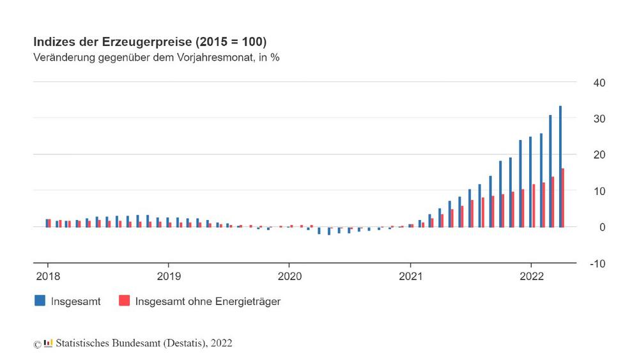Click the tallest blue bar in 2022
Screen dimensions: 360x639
pos(560,166)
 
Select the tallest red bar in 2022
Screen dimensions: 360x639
pos(563,198)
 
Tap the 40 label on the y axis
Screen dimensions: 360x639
pos(599,83)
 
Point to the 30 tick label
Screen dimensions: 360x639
pos(599,120)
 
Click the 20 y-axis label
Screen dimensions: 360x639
pos(599,155)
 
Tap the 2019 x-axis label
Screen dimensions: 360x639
pos(168,277)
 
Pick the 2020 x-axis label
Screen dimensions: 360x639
pos(289,277)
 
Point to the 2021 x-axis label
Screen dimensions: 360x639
pos(410,277)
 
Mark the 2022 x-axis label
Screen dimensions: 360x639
pos(531,277)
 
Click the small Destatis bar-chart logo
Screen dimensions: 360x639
pos(49,343)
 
